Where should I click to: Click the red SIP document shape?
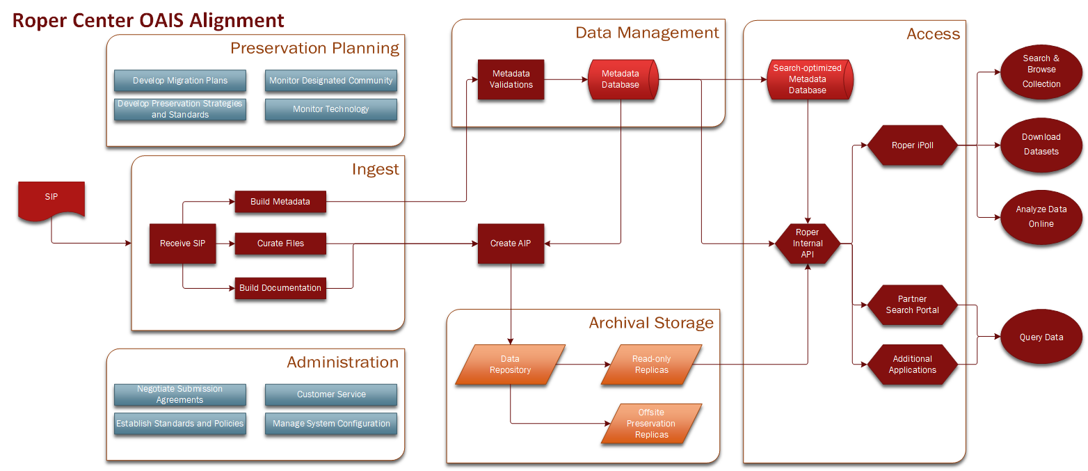click(51, 199)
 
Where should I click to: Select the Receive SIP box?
click(182, 244)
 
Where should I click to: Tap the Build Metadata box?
click(280, 202)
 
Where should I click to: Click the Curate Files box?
click(280, 244)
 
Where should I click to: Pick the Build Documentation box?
click(280, 288)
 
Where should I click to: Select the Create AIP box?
click(510, 244)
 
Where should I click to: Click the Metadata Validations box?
click(511, 79)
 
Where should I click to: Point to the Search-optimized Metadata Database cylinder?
click(808, 79)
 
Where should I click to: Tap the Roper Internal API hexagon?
click(808, 244)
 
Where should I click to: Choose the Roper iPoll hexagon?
click(912, 145)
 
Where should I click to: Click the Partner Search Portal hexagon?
click(912, 305)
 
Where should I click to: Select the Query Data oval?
click(1041, 337)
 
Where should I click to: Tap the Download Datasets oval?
click(1041, 144)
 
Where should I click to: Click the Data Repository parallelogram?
click(510, 365)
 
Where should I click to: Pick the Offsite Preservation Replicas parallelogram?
click(651, 424)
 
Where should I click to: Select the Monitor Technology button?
click(330, 109)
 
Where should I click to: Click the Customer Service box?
click(330, 394)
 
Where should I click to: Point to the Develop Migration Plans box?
click(180, 81)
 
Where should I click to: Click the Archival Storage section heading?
click(651, 323)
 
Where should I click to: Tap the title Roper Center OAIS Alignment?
click(149, 20)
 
